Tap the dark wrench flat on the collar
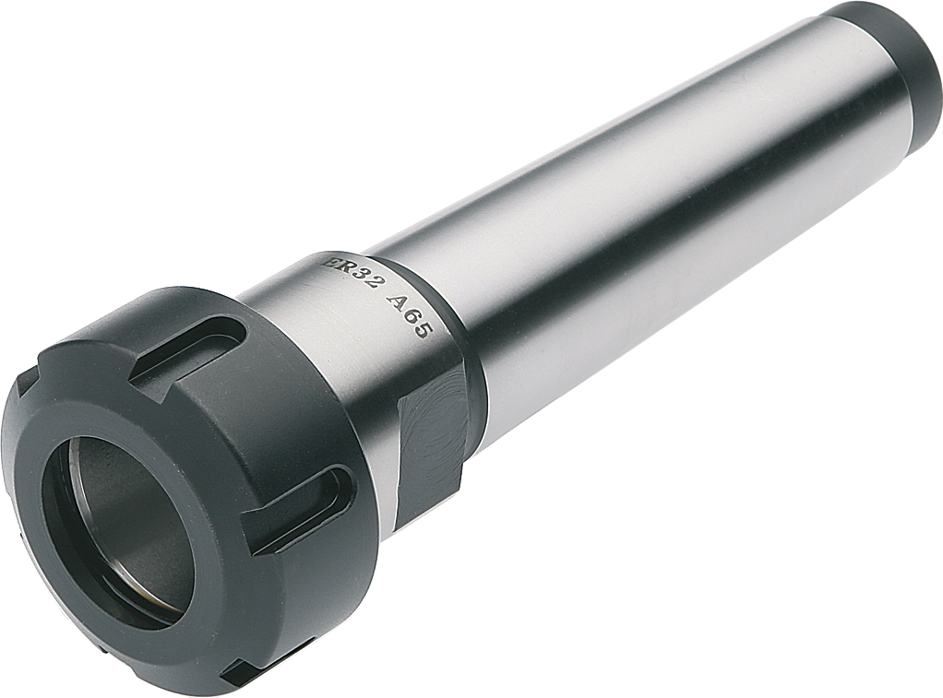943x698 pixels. (431, 433)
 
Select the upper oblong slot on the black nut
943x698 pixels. (188, 348)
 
